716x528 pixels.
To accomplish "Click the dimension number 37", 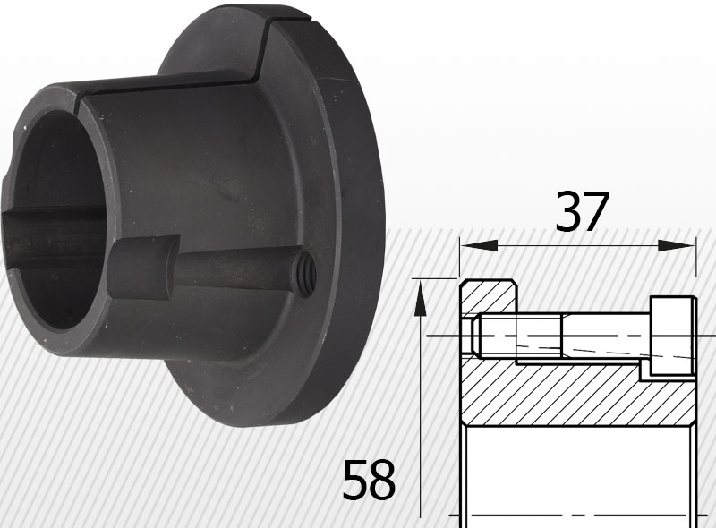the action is point(582,212).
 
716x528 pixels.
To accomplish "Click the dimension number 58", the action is point(369,480).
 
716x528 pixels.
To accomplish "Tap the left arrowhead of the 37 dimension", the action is point(479,246).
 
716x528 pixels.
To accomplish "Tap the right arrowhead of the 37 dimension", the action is point(676,246).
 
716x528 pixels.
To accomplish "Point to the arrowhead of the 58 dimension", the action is point(420,298).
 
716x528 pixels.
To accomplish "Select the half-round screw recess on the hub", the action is point(143,268).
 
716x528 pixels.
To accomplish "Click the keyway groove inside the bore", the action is point(54,237).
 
